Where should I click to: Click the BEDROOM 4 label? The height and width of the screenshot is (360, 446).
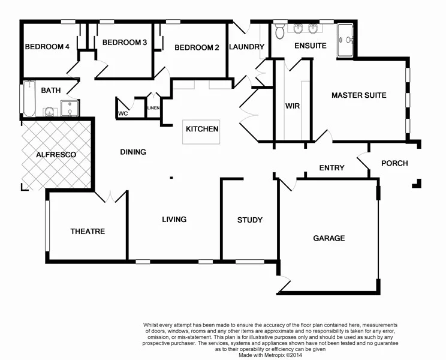[47, 47]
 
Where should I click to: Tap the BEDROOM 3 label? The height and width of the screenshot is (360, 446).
[125, 43]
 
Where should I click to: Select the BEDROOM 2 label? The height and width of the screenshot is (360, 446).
[197, 47]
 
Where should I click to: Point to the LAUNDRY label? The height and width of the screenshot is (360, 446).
[246, 47]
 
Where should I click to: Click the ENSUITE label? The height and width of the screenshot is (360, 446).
[310, 46]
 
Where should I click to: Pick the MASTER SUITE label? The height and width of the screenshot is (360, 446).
[358, 95]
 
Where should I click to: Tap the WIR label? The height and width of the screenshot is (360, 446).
[293, 106]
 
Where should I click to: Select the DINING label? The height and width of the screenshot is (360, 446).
[133, 152]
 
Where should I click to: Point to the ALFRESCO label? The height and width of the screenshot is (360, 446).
[56, 155]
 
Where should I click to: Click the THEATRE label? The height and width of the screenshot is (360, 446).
[88, 231]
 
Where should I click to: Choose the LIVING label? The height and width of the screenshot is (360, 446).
[174, 219]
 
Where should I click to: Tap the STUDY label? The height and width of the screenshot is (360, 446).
[249, 220]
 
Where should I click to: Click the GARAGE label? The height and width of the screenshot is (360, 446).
[329, 238]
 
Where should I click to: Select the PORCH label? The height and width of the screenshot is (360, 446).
[394, 163]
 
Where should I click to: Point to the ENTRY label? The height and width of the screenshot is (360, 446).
[332, 168]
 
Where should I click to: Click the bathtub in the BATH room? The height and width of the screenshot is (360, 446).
[28, 99]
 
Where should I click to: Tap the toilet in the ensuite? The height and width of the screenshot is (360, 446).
[279, 29]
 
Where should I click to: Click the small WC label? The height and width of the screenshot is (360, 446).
[123, 113]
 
